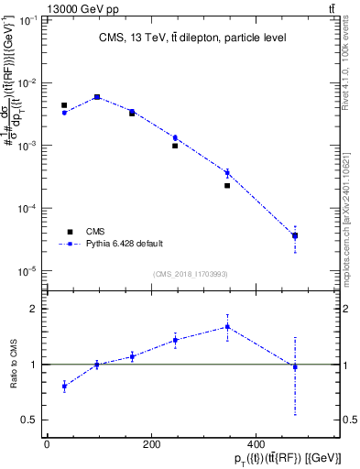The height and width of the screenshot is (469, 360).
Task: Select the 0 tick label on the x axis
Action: point(47,445)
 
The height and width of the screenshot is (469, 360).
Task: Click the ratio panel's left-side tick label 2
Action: point(33,309)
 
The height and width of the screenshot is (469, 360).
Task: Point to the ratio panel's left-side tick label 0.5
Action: point(29,420)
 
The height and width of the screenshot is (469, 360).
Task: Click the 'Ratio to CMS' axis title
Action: point(12,365)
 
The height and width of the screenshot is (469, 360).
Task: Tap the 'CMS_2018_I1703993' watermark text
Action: point(191,274)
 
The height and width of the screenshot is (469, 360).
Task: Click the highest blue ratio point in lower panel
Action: point(227,326)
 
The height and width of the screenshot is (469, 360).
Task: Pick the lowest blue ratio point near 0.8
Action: point(63,386)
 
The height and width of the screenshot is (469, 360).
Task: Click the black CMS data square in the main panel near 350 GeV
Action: point(227,185)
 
